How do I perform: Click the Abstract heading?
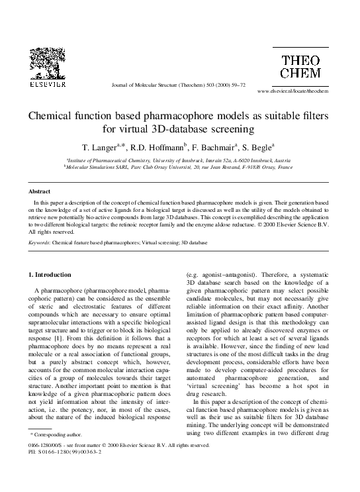coord(40,191)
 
